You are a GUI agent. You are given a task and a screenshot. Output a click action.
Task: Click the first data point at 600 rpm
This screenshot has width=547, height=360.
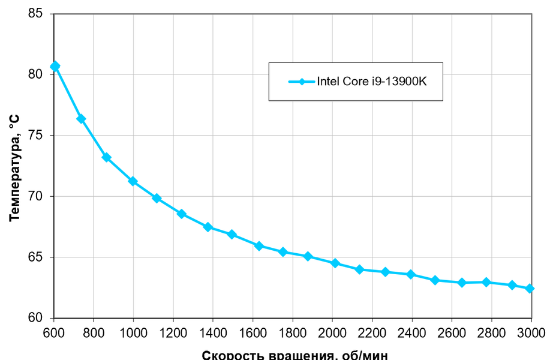pos(55,67)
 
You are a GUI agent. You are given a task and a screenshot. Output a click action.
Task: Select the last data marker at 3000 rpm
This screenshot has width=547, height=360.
pos(530,289)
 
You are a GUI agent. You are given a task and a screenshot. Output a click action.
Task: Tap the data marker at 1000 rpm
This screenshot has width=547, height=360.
pos(133,181)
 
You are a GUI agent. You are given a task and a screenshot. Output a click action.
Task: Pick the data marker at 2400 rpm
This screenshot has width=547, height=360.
pos(411,274)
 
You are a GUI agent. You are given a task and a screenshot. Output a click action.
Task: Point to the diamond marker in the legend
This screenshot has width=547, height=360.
pos(302,81)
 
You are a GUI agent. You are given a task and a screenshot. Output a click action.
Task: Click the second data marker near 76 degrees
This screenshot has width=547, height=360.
pos(81,119)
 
